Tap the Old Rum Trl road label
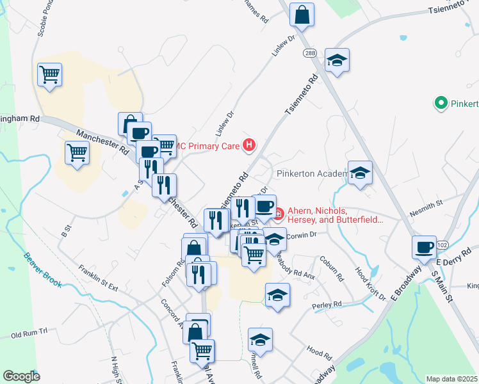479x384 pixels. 29,333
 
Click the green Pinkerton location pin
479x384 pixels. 441,102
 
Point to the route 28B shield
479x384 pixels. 310,53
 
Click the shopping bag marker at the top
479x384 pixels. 302,14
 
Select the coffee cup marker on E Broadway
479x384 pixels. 424,248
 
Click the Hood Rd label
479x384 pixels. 319,352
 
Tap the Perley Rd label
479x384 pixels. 327,305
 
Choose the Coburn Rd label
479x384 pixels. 331,269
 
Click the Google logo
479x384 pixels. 22,376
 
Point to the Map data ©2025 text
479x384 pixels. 452,379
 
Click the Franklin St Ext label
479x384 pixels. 99,278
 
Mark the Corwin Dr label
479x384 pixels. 302,235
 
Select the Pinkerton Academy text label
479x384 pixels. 313,173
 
